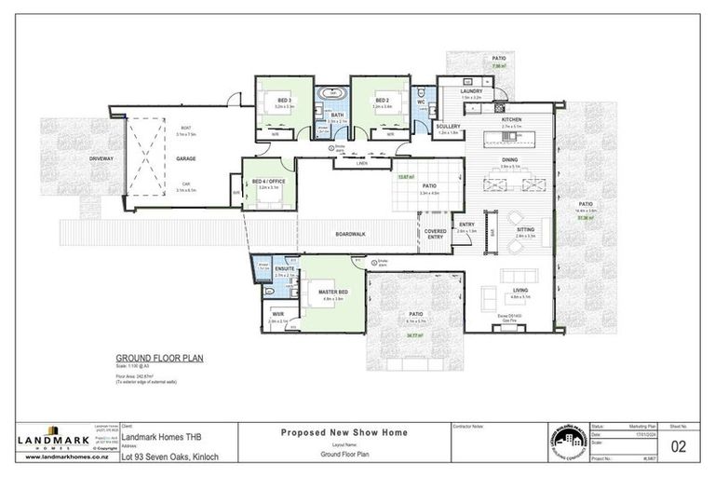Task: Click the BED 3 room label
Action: click(x=283, y=100)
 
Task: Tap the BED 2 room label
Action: click(x=381, y=100)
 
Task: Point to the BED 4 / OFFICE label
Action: click(x=269, y=181)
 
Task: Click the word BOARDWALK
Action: click(x=350, y=234)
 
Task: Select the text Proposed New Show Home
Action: click(x=342, y=432)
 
